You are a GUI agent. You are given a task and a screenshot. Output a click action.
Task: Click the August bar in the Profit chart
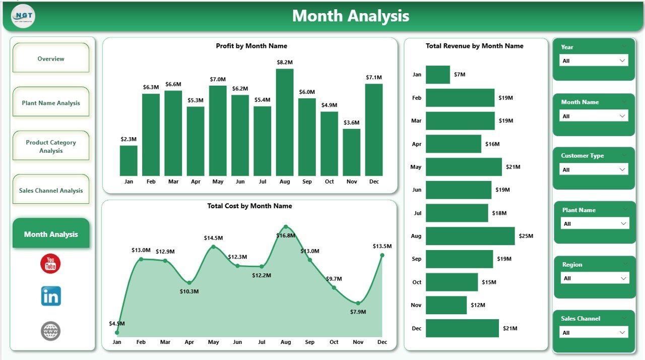point(285,122)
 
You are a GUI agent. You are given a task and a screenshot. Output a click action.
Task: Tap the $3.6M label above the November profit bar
point(351,123)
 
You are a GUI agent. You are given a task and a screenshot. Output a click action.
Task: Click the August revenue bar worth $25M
point(470,236)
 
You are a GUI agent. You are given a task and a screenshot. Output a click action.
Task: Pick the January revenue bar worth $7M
point(437,75)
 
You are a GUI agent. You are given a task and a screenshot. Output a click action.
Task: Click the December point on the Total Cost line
point(382,255)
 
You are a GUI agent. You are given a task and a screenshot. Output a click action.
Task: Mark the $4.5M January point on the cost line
point(117,333)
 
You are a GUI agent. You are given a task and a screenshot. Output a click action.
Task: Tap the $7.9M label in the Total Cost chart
point(358,312)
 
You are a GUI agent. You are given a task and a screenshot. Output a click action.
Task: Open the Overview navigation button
point(51,58)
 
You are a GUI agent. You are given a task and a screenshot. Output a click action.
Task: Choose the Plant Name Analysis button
point(51,103)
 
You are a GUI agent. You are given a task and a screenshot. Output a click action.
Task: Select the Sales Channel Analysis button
point(51,191)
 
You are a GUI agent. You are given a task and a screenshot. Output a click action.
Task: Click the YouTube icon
point(50,264)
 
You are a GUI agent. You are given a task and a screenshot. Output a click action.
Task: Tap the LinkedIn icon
point(51,296)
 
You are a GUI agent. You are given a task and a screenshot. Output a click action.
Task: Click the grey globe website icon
point(50,331)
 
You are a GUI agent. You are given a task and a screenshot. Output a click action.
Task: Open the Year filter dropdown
point(594,61)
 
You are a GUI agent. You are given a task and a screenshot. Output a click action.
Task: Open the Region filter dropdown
point(595,278)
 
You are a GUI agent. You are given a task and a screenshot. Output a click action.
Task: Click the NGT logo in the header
point(23,16)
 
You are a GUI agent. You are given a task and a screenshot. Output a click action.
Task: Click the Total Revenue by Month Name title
point(474,46)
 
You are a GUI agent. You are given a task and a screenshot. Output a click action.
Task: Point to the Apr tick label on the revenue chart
point(416,144)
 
